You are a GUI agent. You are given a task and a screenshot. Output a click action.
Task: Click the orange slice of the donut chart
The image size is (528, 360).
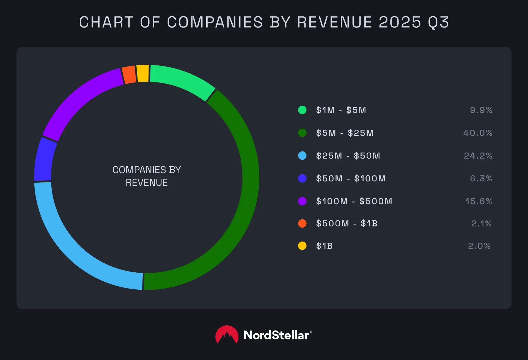[129, 74]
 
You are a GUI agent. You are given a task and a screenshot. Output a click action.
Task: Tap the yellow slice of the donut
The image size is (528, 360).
[143, 73]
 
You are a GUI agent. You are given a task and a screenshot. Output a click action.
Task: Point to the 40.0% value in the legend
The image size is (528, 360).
[478, 133]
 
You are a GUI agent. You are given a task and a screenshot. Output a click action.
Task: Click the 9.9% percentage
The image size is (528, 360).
[481, 110]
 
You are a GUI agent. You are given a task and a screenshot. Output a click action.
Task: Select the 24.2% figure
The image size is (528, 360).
[478, 156]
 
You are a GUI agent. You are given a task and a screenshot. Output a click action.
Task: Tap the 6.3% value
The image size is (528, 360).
[481, 179]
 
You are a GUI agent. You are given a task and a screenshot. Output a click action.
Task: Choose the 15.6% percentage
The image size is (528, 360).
[479, 201]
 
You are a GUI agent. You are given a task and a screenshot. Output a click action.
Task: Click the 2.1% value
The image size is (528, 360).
[481, 224]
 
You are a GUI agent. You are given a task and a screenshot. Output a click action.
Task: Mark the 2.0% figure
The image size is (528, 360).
[479, 246]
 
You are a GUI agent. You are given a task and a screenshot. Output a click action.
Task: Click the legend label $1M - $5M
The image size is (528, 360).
[341, 110]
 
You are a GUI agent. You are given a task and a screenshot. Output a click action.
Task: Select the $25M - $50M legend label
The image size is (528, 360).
[348, 156]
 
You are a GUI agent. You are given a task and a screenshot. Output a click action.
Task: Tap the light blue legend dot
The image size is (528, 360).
[302, 156]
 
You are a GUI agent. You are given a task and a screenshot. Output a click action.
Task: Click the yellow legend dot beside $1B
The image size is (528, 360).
[302, 246]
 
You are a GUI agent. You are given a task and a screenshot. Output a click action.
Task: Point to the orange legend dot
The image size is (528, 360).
[302, 223]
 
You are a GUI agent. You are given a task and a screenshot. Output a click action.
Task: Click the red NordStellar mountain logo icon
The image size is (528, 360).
[227, 335]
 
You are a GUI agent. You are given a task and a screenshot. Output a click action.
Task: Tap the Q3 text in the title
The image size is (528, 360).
[438, 22]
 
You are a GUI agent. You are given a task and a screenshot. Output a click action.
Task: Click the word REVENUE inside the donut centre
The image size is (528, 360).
[147, 182]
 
